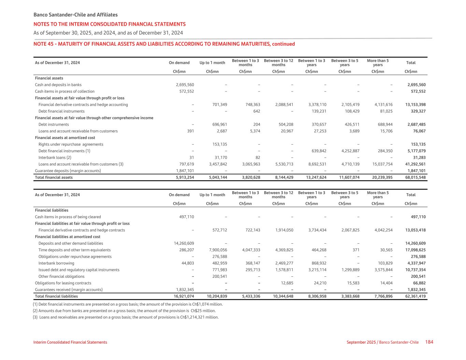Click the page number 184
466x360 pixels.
(429, 342)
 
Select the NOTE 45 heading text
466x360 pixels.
(164, 44)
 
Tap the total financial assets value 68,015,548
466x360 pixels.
(415, 177)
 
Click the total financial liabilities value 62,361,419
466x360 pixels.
(415, 296)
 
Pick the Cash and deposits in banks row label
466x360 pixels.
(58, 85)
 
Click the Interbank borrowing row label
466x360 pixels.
(56, 263)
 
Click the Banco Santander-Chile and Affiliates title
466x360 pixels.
(75, 15)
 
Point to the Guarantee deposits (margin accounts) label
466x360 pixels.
(68, 171)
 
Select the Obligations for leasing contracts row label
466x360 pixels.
(63, 283)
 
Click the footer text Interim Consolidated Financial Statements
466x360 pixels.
(70, 342)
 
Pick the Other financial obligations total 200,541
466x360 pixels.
(418, 276)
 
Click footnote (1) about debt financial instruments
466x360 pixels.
(128, 304)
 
